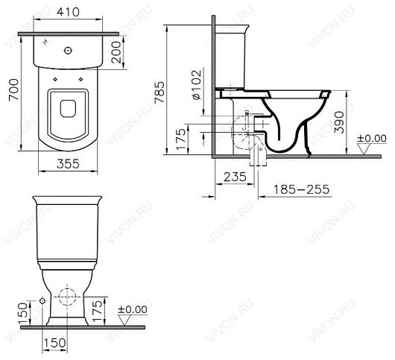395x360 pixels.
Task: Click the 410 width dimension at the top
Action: (72, 13)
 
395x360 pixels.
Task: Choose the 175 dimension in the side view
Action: (180, 141)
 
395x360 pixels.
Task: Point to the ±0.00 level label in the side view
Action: (371, 138)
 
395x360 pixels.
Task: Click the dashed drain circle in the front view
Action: (68, 299)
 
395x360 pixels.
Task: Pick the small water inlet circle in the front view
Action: (42, 300)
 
